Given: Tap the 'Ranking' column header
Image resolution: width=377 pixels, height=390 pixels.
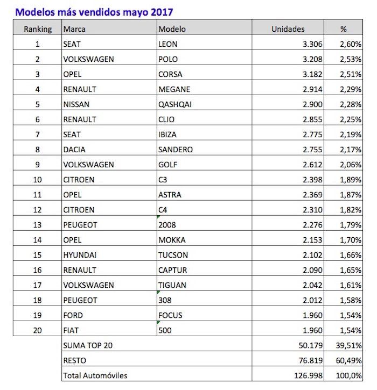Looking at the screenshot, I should [x=38, y=29].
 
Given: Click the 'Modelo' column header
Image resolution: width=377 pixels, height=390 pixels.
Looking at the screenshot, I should [x=171, y=29].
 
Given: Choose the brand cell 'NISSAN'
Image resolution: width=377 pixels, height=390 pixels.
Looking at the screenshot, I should [x=76, y=104].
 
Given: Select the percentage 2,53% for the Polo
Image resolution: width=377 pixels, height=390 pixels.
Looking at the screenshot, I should [x=350, y=59].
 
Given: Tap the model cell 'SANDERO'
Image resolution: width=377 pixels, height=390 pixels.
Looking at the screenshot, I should [x=176, y=150].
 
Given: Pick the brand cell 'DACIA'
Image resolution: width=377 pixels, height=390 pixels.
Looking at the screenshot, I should [x=74, y=150].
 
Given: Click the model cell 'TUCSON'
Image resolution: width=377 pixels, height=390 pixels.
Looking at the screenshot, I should [x=173, y=255].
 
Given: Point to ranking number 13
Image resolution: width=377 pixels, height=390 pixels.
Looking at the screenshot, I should [x=38, y=225].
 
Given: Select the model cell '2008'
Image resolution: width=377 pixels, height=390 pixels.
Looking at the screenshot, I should [x=167, y=225].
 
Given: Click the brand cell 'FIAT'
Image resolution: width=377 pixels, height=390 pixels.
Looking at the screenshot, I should [x=72, y=330].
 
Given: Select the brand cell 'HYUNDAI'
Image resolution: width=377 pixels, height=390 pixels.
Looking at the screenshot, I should [x=79, y=255].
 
